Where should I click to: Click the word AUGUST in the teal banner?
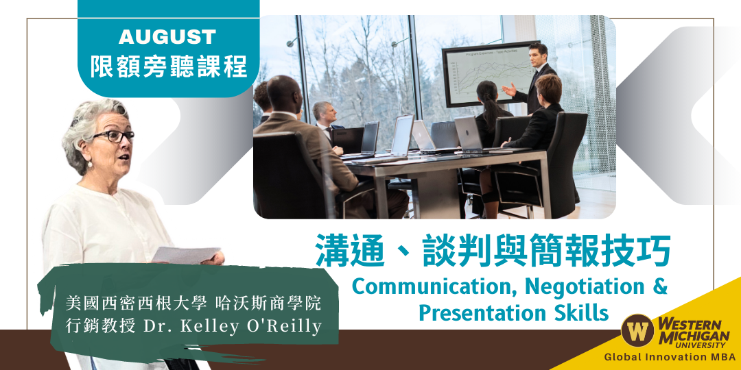167,37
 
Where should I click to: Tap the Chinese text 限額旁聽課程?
168,66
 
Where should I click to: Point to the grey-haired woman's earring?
89,164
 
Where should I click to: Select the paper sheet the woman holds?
186,255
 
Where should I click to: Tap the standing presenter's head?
538,53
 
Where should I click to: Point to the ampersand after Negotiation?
660,286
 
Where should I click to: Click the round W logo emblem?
637,330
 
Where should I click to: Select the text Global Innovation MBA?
669,357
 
